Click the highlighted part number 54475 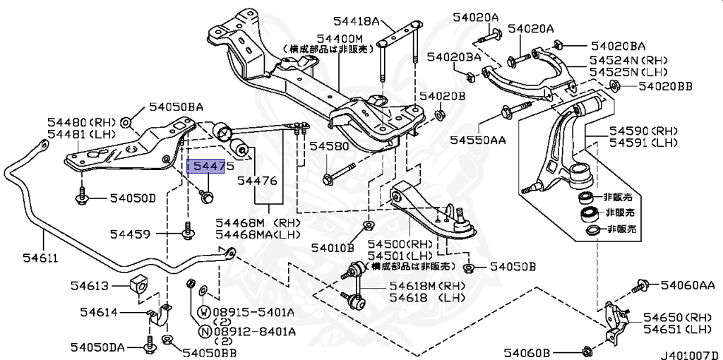(x=205, y=167)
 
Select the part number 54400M (x=339, y=37)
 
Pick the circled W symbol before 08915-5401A (x=203, y=311)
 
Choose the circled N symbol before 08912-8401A (x=203, y=330)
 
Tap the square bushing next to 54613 (x=139, y=284)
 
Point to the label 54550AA (x=478, y=140)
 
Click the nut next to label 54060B (x=587, y=351)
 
